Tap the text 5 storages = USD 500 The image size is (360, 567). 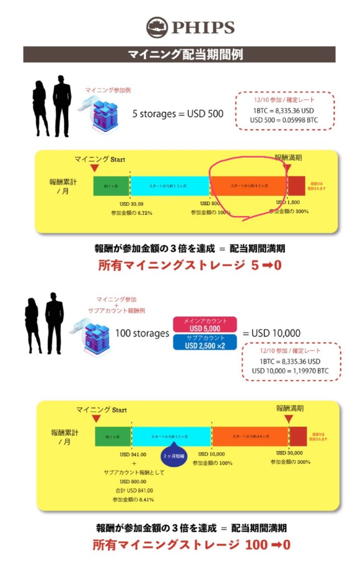point(178,114)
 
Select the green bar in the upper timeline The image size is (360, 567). point(111,185)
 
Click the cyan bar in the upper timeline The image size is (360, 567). point(169,185)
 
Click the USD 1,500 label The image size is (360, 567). point(287,203)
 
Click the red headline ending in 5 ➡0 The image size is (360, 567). point(189,265)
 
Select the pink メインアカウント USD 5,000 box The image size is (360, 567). point(205,324)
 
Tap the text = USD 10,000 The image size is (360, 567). point(271,333)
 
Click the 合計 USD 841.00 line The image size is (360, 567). point(133,490)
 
